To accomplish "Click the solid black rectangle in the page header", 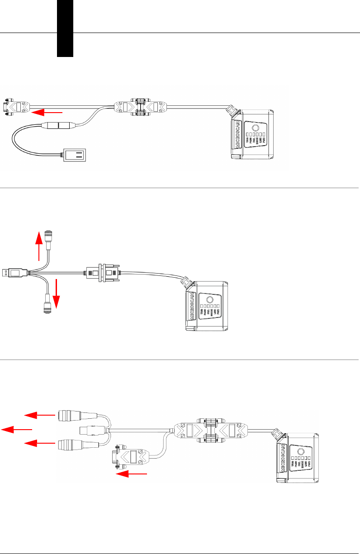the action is click(x=65, y=28).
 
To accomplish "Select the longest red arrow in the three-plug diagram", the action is click(x=17, y=429).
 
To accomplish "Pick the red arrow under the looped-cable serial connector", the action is click(x=133, y=474).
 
